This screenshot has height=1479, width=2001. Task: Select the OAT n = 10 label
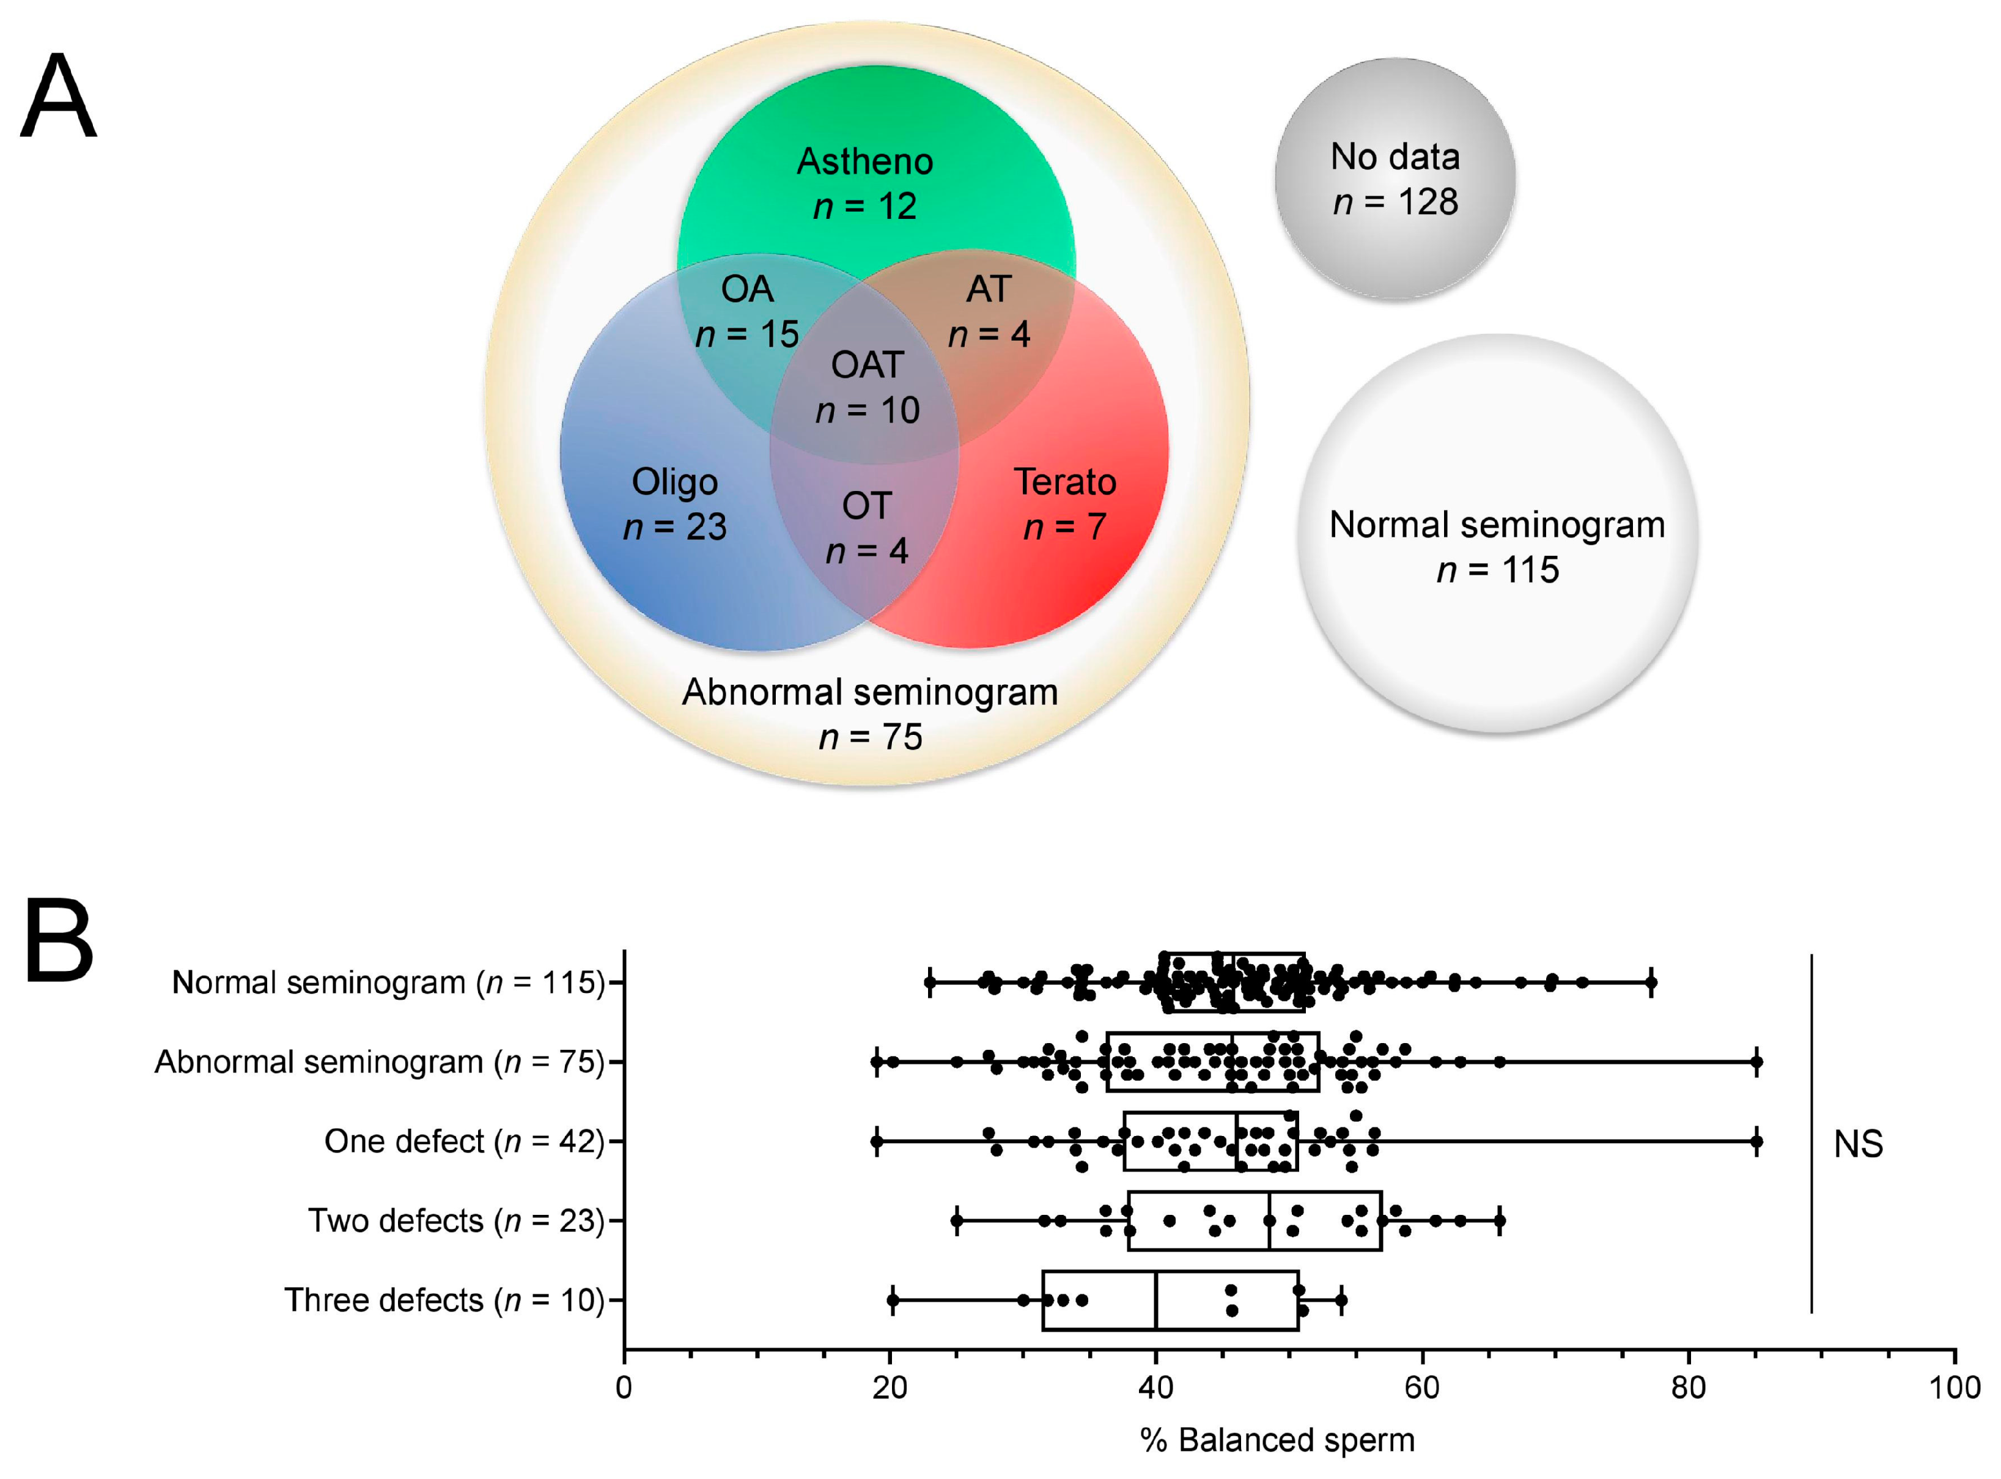867,387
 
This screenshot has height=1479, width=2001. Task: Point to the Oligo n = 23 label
674,504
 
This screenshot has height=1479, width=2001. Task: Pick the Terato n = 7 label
1064,504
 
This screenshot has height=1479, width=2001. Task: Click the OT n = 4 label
867,528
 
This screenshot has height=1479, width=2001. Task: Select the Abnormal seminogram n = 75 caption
869,714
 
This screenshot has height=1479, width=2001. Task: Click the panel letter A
58,97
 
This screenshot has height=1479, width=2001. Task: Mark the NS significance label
1858,1144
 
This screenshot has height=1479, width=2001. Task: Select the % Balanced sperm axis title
1278,1440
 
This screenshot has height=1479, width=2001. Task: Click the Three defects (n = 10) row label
444,1300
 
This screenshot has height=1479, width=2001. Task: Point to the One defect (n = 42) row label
465,1142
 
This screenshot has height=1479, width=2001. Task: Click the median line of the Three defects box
1156,1300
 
